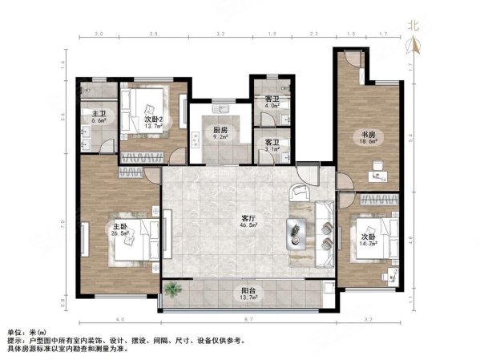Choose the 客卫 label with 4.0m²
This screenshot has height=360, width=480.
(x=272, y=99)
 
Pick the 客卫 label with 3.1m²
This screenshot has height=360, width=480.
(x=272, y=143)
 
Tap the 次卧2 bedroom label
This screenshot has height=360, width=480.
(x=155, y=119)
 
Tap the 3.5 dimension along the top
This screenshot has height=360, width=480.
(x=153, y=35)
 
